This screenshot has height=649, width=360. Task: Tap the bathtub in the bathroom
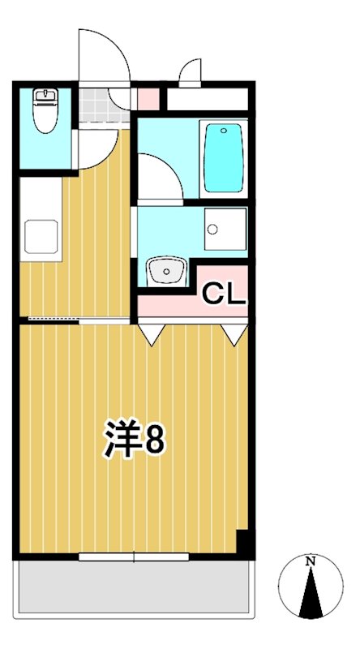(223, 158)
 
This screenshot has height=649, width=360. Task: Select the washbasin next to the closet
(166, 271)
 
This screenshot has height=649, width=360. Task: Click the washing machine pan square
(225, 230)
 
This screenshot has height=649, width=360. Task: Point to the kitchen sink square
(40, 235)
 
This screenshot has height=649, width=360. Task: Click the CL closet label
(223, 294)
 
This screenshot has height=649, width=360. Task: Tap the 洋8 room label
(134, 440)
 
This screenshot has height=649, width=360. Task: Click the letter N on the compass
(310, 561)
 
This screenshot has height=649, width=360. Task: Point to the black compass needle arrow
(310, 596)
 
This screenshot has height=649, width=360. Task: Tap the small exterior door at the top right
(190, 73)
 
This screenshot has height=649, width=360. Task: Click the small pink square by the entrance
(148, 97)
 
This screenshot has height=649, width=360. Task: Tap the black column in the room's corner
(243, 541)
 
